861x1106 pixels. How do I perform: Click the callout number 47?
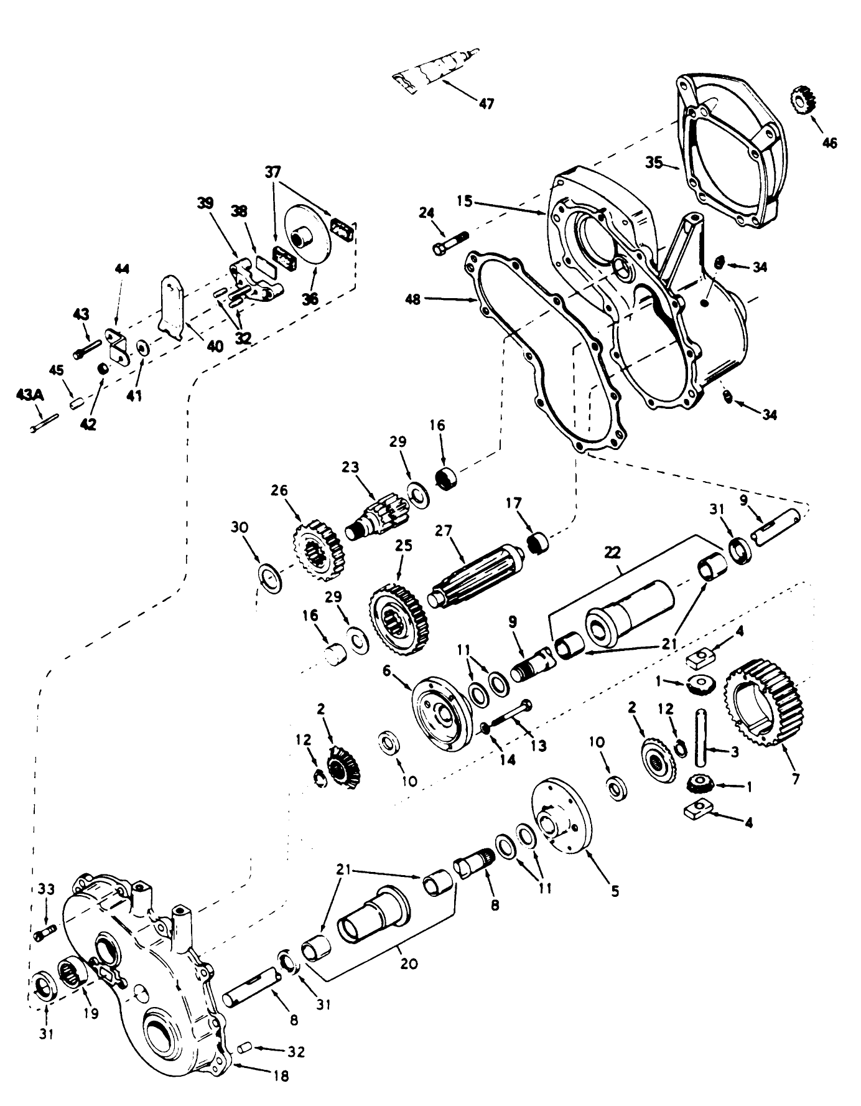pyautogui.click(x=486, y=103)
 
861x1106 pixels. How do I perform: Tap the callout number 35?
pyautogui.click(x=653, y=164)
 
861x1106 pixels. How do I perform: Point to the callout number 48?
pyautogui.click(x=413, y=300)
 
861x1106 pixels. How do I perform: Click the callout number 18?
pyautogui.click(x=281, y=1076)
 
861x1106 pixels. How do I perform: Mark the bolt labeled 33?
pyautogui.click(x=45, y=932)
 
